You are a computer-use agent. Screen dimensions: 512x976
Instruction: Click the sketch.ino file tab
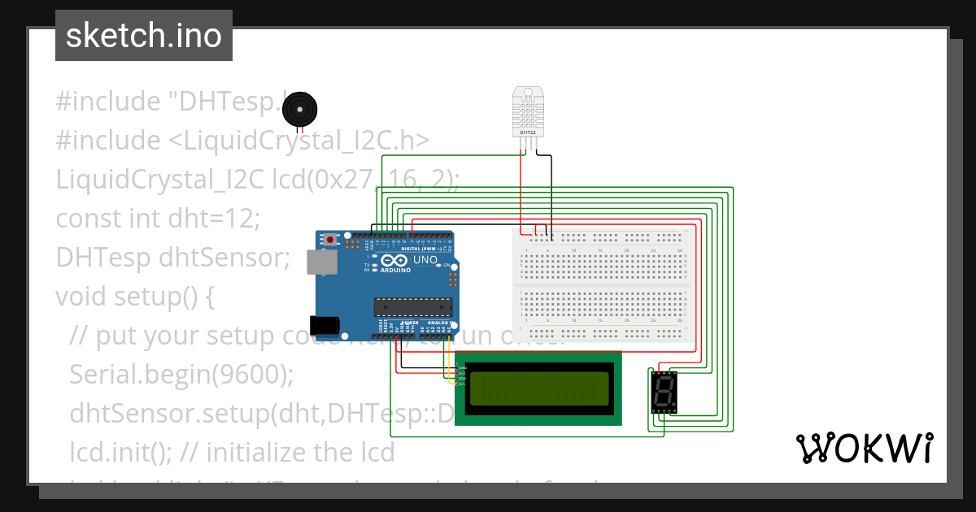point(144,36)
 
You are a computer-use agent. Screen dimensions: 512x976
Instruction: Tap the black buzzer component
point(301,106)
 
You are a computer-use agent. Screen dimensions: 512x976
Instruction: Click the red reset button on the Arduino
point(330,240)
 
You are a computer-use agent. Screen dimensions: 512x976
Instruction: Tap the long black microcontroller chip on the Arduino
point(412,306)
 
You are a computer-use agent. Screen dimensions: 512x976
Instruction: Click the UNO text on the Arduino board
point(425,260)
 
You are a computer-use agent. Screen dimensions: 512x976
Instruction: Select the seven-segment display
point(664,391)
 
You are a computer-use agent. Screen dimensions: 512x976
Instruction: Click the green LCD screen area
point(538,388)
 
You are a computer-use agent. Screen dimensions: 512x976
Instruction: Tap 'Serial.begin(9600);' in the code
point(181,374)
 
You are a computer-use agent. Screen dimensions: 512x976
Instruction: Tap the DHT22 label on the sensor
point(527,132)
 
